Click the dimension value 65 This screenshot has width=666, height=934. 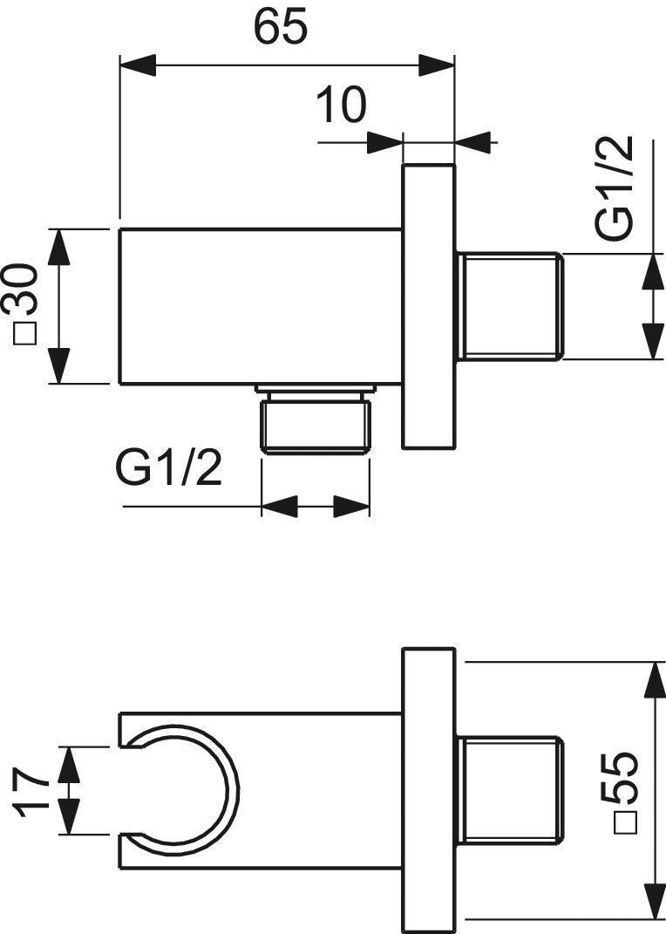[x=281, y=27]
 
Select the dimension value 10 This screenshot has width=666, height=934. [x=341, y=105]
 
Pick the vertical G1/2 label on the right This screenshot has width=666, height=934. [x=615, y=188]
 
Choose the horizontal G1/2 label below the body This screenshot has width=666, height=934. [x=168, y=469]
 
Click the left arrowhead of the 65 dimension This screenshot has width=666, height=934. [x=138, y=65]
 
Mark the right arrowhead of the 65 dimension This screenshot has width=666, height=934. [x=436, y=65]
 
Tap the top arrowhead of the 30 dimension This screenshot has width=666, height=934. [x=59, y=246]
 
